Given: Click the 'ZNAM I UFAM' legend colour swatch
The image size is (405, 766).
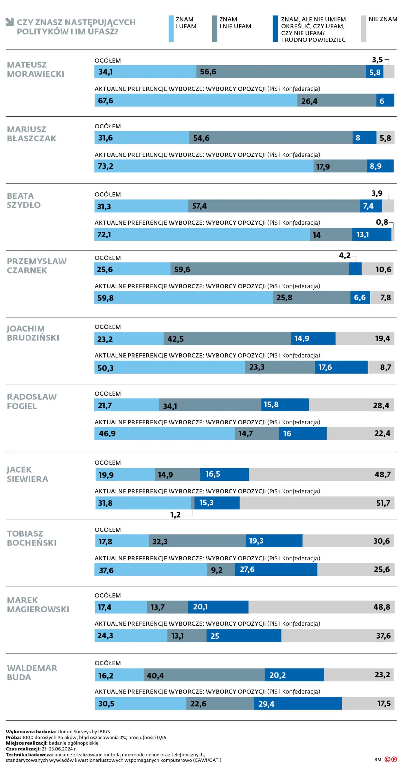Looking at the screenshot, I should (171, 29).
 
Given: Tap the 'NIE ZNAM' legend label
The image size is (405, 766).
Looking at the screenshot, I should (383, 19).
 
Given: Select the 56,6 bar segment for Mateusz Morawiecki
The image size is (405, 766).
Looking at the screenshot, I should (281, 72).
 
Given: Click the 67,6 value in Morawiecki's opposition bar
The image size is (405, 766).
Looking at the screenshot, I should (106, 101).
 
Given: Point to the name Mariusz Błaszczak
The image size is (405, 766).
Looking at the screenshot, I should (32, 134).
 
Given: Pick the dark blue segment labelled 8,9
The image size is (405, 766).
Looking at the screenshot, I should (380, 166).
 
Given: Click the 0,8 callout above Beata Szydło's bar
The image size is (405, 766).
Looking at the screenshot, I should (382, 222).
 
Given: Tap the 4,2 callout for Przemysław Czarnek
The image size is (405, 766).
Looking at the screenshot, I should (345, 255).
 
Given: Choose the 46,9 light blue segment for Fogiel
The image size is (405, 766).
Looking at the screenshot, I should (164, 433).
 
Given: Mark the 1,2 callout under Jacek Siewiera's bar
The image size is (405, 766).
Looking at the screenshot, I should (175, 515).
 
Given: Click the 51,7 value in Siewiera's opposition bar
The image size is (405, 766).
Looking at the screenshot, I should (383, 503).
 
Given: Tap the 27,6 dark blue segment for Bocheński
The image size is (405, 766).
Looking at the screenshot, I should (276, 569).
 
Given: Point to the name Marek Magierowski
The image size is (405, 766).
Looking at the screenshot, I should (38, 605).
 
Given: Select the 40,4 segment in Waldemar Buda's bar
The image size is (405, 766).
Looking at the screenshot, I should (204, 675).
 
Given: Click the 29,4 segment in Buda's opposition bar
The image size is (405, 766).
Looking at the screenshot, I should (298, 704).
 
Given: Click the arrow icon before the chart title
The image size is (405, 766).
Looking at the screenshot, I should (10, 22).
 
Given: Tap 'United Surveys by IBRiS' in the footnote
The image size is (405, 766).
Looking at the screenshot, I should (84, 732).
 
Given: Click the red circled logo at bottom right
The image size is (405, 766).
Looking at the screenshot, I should (391, 759).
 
